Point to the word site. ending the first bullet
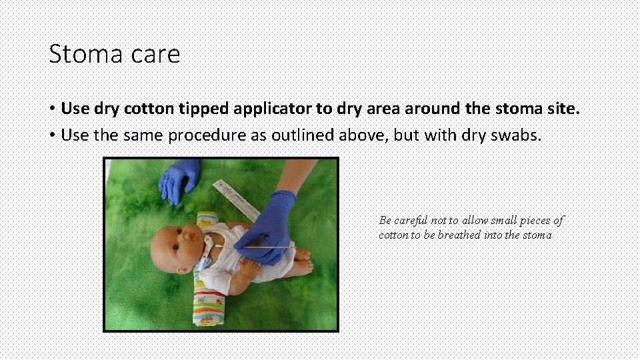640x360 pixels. [560, 108]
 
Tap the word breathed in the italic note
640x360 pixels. [459, 235]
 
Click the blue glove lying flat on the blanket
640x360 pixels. [177, 178]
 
